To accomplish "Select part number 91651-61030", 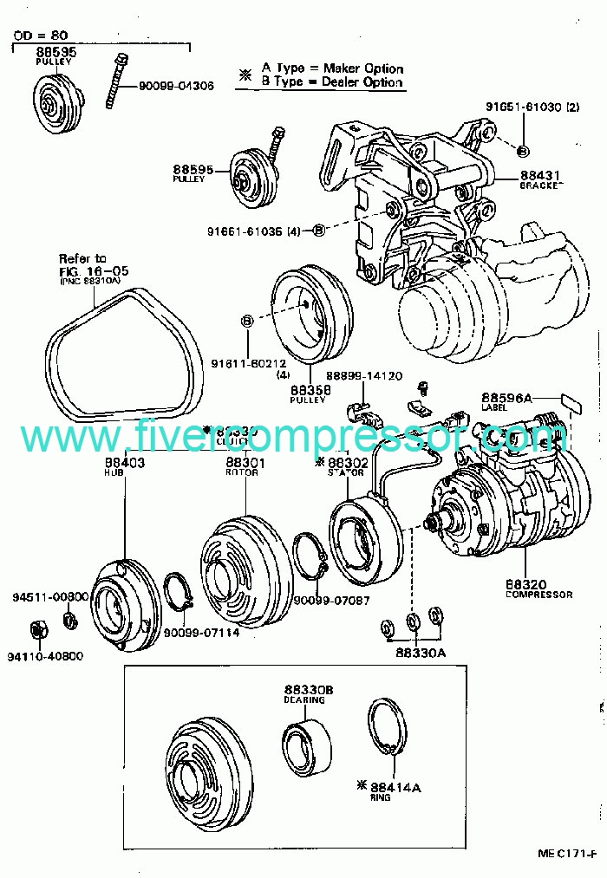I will [524, 107].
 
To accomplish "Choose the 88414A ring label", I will [395, 787].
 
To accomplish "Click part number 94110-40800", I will [46, 656].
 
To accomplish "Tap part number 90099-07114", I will [202, 633].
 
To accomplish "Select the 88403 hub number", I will [122, 464].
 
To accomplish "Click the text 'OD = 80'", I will [42, 36].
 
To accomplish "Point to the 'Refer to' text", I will [82, 257].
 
